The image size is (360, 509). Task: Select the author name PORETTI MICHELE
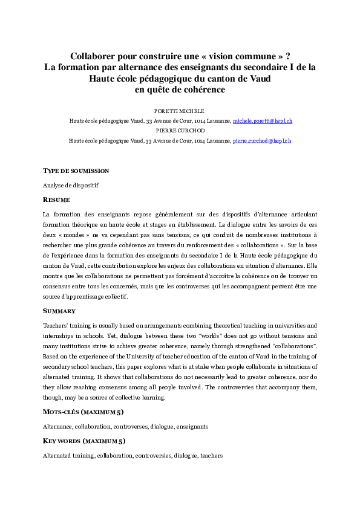pyautogui.click(x=180, y=112)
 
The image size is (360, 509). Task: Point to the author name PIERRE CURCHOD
pyautogui.click(x=180, y=131)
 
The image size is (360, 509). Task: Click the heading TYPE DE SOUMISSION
pyautogui.click(x=76, y=171)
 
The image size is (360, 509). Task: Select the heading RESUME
pyautogui.click(x=56, y=199)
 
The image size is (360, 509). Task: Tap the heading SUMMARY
pyautogui.click(x=59, y=311)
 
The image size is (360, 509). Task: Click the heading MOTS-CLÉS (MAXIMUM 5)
pyautogui.click(x=83, y=412)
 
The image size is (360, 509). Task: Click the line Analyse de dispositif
pyautogui.click(x=70, y=185)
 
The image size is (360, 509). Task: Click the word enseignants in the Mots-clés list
pyautogui.click(x=192, y=426)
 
